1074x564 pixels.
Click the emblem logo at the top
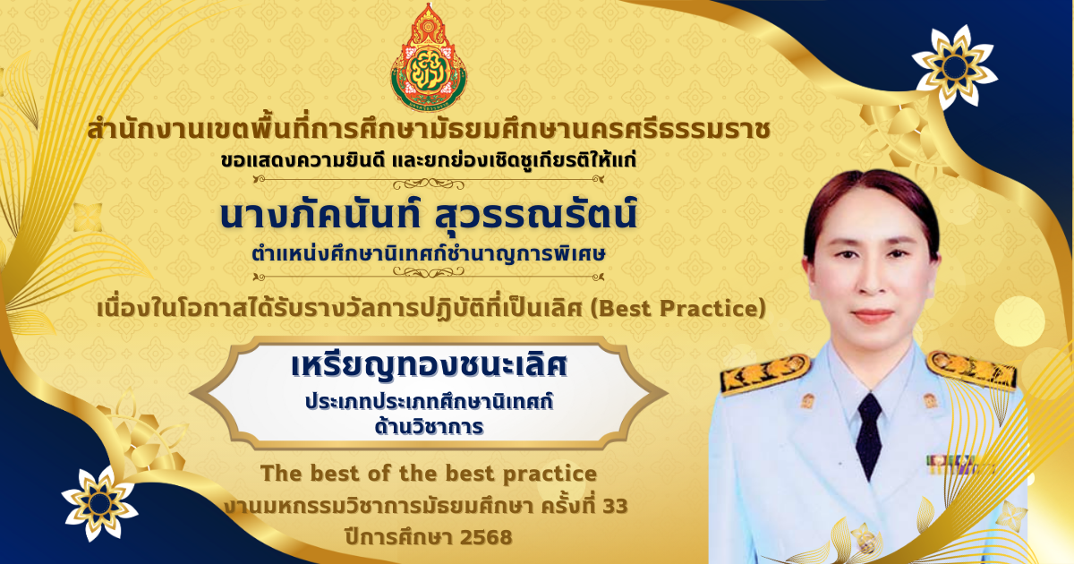(x=428, y=58)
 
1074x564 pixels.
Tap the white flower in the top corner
(x=954, y=66)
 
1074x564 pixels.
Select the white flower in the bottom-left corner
(x=99, y=503)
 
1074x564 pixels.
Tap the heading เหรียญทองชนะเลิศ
(x=429, y=365)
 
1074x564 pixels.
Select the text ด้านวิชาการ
(x=429, y=426)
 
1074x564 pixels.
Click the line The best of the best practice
(x=429, y=474)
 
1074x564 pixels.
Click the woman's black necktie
(x=869, y=435)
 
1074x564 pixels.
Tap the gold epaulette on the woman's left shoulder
(x=972, y=369)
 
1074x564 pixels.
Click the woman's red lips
(x=872, y=316)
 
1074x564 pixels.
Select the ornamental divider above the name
(x=429, y=182)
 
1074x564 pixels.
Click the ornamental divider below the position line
(x=429, y=274)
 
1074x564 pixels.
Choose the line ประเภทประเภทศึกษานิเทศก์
(x=429, y=401)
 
